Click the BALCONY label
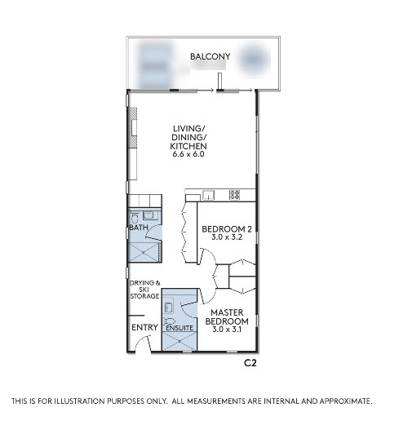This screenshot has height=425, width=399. (x=210, y=56)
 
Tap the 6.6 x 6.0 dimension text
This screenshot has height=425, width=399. (x=188, y=154)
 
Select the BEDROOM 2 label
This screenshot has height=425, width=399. (x=227, y=229)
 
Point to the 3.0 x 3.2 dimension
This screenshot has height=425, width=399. (x=227, y=237)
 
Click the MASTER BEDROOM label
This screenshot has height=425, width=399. (x=227, y=317)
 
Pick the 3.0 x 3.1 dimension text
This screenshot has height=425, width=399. (x=227, y=330)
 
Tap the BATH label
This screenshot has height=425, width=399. (x=139, y=228)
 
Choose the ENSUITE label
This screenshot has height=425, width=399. (x=180, y=328)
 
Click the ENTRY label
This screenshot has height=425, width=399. (x=144, y=327)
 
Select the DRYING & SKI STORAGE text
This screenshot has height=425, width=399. (x=144, y=290)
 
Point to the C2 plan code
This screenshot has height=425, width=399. (x=250, y=363)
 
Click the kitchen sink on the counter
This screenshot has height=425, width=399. (x=208, y=195)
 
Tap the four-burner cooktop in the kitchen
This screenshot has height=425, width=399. (x=234, y=195)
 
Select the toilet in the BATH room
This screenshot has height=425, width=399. (x=135, y=219)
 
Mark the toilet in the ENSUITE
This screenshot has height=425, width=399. (x=170, y=321)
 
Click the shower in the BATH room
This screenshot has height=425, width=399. (x=144, y=253)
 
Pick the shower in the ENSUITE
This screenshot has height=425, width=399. (x=179, y=341)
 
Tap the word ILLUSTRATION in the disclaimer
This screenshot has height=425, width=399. (x=80, y=401)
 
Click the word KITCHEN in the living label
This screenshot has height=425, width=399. (x=188, y=146)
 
